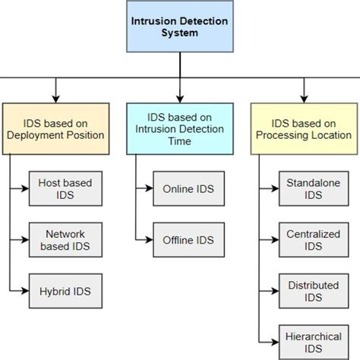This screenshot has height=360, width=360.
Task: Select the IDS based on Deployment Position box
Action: [x=54, y=128]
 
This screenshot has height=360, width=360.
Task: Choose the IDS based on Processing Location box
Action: [x=303, y=128]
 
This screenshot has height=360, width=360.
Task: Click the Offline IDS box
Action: [x=188, y=240]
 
